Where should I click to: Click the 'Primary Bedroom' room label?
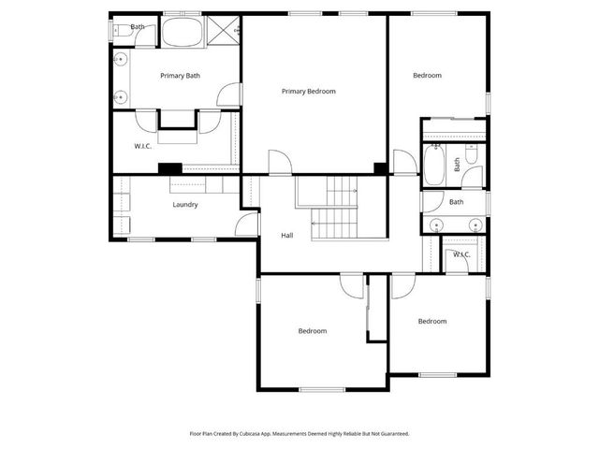308,92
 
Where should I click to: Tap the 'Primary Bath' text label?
180,76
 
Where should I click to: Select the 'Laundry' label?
184,205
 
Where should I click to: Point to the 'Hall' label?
287,235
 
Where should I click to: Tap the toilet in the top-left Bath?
121,30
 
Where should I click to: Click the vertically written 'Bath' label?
458,165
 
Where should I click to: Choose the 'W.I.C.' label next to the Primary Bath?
143,145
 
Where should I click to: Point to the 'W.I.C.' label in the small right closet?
461,254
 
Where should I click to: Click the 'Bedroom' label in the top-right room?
427,76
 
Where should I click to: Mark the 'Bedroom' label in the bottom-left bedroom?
313,331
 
